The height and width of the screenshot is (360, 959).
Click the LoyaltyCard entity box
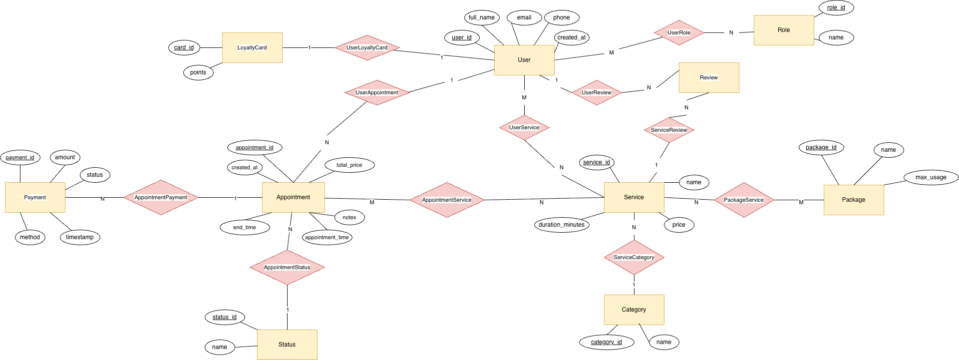click(252, 47)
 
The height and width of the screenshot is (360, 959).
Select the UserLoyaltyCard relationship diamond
click(367, 47)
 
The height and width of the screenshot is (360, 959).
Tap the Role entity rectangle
click(784, 30)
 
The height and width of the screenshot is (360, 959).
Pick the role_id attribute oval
click(836, 7)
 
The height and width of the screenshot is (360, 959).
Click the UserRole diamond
click(679, 32)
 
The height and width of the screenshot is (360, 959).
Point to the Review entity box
click(709, 77)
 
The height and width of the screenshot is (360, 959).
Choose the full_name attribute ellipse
click(482, 17)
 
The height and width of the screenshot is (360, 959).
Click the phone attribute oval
click(561, 17)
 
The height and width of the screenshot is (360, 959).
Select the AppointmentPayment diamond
click(161, 197)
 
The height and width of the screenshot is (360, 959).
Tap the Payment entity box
click(35, 197)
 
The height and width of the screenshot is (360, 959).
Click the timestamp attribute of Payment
click(80, 237)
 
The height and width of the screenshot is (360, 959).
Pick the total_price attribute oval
click(349, 165)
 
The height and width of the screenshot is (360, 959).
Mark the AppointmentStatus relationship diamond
click(287, 267)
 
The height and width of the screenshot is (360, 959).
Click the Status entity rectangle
click(287, 345)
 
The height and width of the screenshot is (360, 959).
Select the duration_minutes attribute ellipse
click(562, 225)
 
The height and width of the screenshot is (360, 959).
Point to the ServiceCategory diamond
click(634, 257)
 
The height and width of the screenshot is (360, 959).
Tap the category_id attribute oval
click(607, 342)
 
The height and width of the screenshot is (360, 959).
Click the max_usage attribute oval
click(931, 177)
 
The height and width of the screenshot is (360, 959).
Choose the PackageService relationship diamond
click(744, 200)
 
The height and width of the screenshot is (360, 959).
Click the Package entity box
click(854, 200)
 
